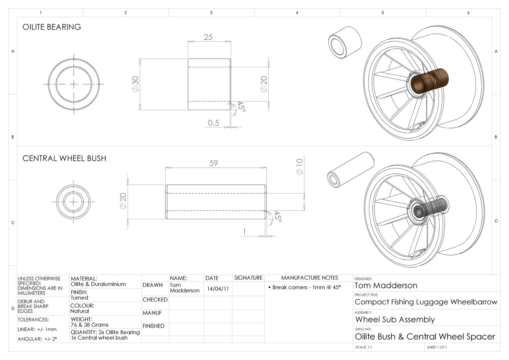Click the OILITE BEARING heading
pos(52,27)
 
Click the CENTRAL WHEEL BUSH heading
pos(64,159)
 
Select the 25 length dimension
pos(208,37)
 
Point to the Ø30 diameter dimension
pos(135,84)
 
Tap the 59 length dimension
pos(214,163)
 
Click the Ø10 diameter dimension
pos(300,166)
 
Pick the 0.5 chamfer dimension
pos(213,123)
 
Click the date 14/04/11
pos(218,289)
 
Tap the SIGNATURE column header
pos(248,278)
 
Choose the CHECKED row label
pos(155,300)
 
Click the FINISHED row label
pos(153,326)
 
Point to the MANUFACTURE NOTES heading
pos(310,278)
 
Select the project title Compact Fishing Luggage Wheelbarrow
pos(426,302)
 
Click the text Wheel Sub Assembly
pos(395,320)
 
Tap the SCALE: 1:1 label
pos(364,347)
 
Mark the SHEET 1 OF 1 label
pos(437,347)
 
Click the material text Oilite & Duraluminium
pos(98,284)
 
